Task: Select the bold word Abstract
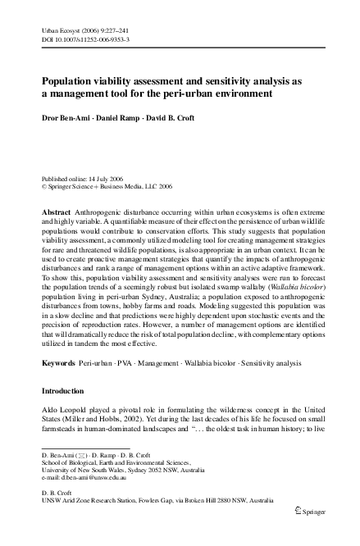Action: point(56,212)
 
